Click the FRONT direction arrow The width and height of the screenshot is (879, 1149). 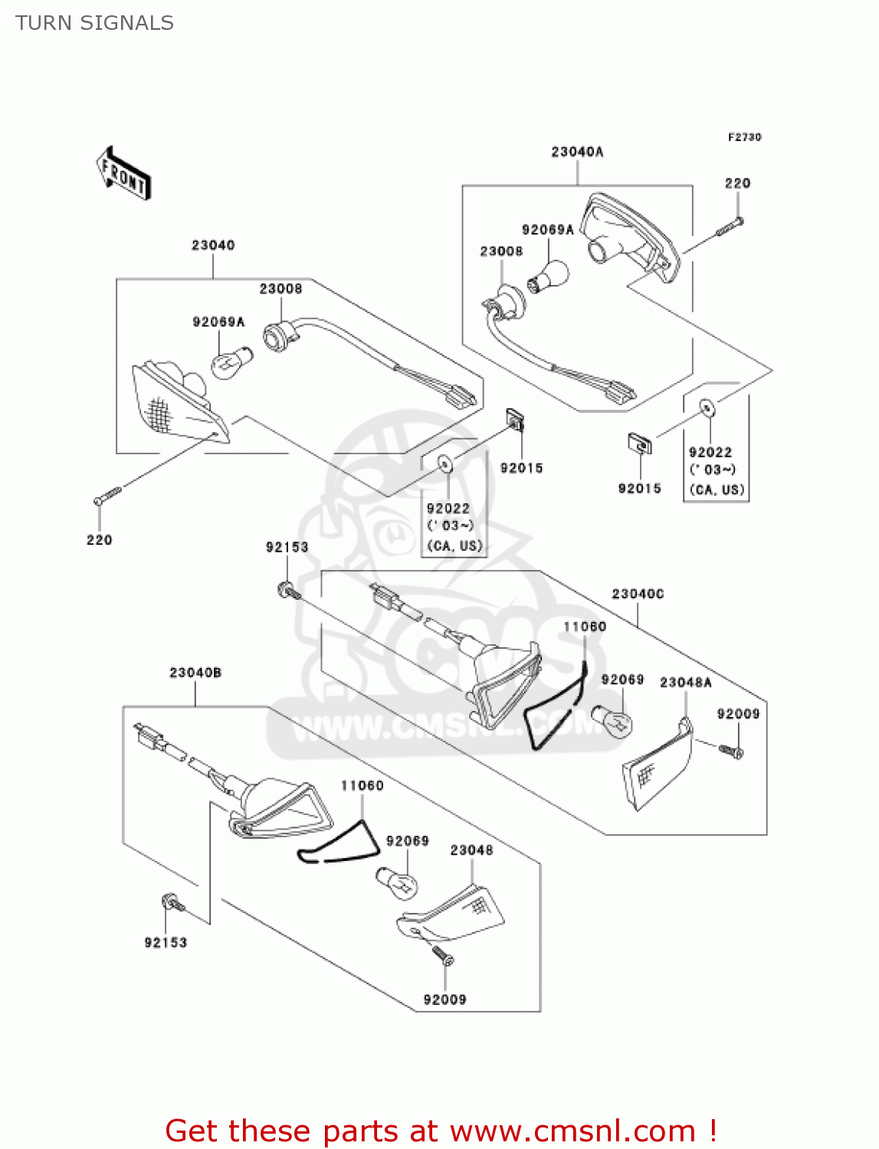(123, 174)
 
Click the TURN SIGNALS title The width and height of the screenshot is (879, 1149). (94, 23)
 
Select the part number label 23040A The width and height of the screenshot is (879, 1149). (577, 152)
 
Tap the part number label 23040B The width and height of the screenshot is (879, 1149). (195, 673)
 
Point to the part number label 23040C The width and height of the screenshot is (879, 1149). (638, 594)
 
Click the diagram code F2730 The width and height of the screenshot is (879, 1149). (744, 137)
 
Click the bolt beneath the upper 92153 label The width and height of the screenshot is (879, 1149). (289, 591)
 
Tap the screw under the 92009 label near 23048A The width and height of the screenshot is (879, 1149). (732, 751)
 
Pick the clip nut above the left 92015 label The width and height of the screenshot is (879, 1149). (515, 420)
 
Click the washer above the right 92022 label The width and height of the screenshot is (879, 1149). (707, 408)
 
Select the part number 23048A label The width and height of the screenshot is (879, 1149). (685, 683)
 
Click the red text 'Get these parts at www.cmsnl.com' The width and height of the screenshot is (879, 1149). (441, 1131)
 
